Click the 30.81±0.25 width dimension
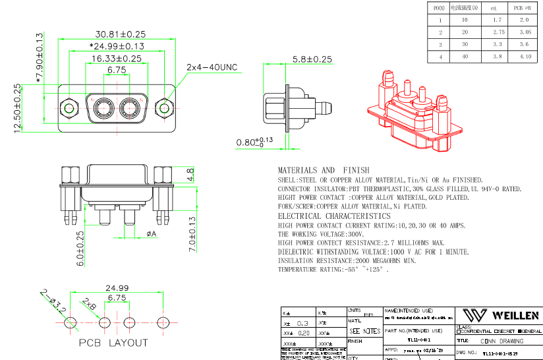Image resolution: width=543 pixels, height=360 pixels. click(121, 34)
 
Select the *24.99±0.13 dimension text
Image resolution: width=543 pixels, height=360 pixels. click(117, 46)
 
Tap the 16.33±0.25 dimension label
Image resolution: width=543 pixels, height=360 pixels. click(117, 58)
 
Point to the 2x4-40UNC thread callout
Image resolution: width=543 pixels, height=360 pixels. click(211, 67)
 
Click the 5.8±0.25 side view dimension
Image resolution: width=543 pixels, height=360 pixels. click(312, 59)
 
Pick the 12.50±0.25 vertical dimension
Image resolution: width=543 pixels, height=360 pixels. click(18, 108)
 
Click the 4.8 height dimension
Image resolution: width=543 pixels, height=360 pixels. click(190, 175)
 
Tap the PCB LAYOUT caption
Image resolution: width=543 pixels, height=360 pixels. click(113, 343)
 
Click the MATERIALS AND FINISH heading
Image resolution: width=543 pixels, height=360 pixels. click(324, 170)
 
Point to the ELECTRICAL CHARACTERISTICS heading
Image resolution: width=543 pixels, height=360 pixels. click(334, 216)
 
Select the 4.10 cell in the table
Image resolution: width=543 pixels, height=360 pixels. click(525, 57)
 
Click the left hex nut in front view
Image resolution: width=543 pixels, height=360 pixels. click(67, 107)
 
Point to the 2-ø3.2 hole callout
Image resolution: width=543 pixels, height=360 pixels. click(53, 300)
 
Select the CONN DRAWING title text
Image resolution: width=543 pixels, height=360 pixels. click(502, 341)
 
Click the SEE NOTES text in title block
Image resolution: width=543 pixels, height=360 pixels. click(364, 330)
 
